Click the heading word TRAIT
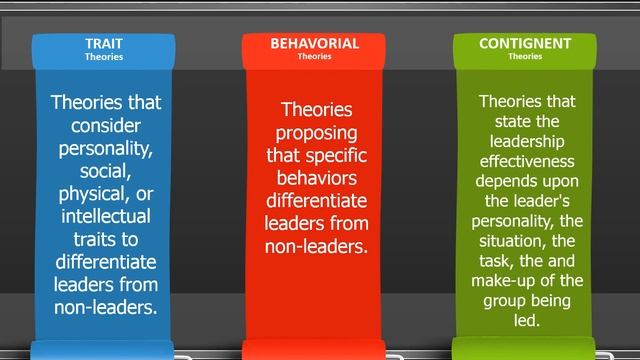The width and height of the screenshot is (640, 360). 103,44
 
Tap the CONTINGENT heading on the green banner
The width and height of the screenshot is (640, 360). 525,44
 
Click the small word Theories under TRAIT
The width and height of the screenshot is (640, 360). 103,57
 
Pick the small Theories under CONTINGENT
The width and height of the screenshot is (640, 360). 525,57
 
